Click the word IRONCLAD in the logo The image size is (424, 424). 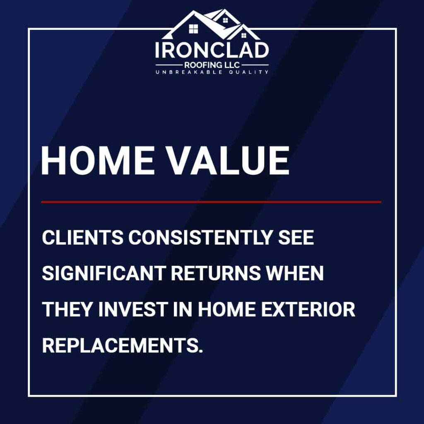pyautogui.click(x=212, y=50)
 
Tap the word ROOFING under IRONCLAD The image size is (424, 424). pyautogui.click(x=202, y=65)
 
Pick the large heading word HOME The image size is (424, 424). pyautogui.click(x=98, y=161)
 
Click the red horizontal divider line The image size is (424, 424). pyautogui.click(x=211, y=202)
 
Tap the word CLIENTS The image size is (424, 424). pyautogui.click(x=83, y=237)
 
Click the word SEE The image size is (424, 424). pyautogui.click(x=296, y=237)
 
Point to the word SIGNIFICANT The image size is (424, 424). pyautogui.click(x=104, y=273)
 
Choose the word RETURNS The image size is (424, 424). pyautogui.click(x=215, y=273)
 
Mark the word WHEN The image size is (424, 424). pyautogui.click(x=295, y=273)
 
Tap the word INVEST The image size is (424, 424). pyautogui.click(x=133, y=309)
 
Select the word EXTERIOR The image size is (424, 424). pyautogui.click(x=308, y=309)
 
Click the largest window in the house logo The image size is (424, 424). pyautogui.click(x=193, y=29)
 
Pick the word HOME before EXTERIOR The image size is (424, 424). pyautogui.click(x=227, y=309)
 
